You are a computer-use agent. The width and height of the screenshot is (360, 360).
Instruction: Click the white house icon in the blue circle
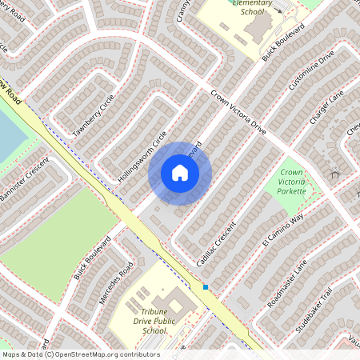(x=180, y=173)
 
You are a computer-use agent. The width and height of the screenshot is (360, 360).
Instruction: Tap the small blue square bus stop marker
(x=206, y=287)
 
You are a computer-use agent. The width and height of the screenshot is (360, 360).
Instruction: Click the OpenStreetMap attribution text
(x=80, y=354)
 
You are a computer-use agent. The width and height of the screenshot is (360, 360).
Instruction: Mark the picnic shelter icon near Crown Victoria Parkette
(x=334, y=172)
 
